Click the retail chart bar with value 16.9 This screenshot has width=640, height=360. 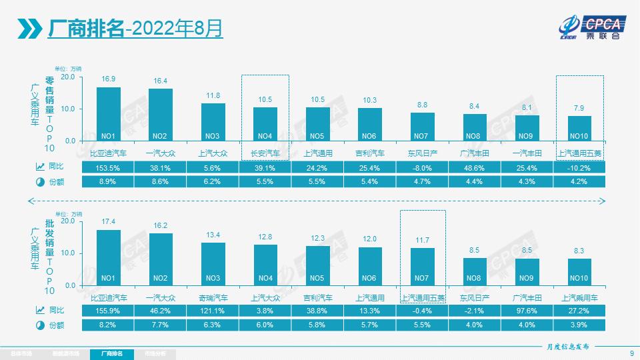pyautogui.click(x=109, y=113)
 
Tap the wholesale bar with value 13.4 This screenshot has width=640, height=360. pyautogui.click(x=213, y=263)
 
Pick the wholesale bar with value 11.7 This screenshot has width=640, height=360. pyautogui.click(x=422, y=266)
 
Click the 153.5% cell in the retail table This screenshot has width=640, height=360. pyautogui.click(x=109, y=168)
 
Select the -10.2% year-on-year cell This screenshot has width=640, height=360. pyautogui.click(x=579, y=168)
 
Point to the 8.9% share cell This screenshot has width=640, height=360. pyautogui.click(x=109, y=181)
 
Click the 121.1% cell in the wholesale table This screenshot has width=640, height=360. pyautogui.click(x=213, y=311)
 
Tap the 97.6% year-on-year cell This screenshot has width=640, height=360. pyautogui.click(x=527, y=311)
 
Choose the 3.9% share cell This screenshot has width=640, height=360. pyautogui.click(x=579, y=325)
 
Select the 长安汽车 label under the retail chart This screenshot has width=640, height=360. pyautogui.click(x=265, y=153)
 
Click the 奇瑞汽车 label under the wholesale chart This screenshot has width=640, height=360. pyautogui.click(x=213, y=297)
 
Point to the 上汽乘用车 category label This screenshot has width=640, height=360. pyautogui.click(x=579, y=297)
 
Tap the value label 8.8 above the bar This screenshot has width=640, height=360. pyautogui.click(x=422, y=105)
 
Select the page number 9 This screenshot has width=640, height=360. pyautogui.click(x=631, y=353)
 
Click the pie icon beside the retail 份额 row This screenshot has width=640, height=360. pyautogui.click(x=38, y=181)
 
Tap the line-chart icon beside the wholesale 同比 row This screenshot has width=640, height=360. pyautogui.click(x=38, y=311)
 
